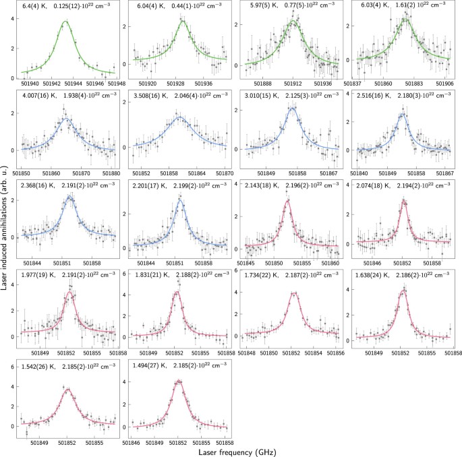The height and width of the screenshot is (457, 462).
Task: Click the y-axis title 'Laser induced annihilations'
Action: (6, 202)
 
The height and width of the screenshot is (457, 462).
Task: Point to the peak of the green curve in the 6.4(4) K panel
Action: (65, 22)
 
